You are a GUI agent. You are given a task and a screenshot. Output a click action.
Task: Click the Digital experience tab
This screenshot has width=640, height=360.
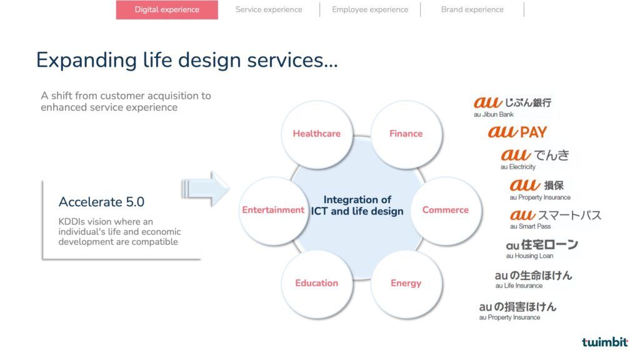coord(167,9)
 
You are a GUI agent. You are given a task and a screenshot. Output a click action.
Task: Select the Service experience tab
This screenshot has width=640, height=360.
coord(269,9)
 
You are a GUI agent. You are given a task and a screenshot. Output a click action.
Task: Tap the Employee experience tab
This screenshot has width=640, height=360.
coord(370,9)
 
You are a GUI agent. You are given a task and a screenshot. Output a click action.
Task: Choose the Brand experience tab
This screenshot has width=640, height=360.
coord(472,9)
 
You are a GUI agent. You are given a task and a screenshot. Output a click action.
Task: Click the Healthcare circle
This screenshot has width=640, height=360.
coord(317,134)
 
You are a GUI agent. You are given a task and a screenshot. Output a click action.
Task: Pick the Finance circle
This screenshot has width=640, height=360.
coord(406,134)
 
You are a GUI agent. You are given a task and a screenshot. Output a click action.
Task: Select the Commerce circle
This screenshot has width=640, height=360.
coord(446,210)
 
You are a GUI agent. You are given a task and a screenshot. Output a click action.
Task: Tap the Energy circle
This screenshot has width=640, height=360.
coord(406,283)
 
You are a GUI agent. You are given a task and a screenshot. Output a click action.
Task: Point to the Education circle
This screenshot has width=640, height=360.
coord(317,283)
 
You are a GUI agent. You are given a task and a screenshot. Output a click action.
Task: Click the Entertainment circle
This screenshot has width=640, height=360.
coord(274,210)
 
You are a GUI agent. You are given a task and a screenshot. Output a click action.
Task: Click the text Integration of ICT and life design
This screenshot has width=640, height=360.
coord(357,205)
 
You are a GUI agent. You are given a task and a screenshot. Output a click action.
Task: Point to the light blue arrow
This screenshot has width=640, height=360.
coord(205,189)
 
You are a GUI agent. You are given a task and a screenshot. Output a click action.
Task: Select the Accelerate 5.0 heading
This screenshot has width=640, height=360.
coord(101,202)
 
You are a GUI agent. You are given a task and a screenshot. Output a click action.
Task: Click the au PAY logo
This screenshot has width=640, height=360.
coord(517,131)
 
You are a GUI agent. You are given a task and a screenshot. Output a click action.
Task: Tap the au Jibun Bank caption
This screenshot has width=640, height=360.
coord(494,114)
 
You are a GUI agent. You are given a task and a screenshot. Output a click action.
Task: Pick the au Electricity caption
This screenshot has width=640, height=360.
coord(518,166)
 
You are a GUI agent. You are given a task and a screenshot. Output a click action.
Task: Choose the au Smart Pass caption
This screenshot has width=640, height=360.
coord(530,226)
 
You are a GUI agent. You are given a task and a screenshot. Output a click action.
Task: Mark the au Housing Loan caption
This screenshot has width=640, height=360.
coord(529,256)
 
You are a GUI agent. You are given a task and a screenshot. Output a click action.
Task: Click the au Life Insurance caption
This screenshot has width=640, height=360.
coord(519,286)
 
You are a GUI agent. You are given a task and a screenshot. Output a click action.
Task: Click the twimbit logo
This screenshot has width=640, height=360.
coord(604,342)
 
